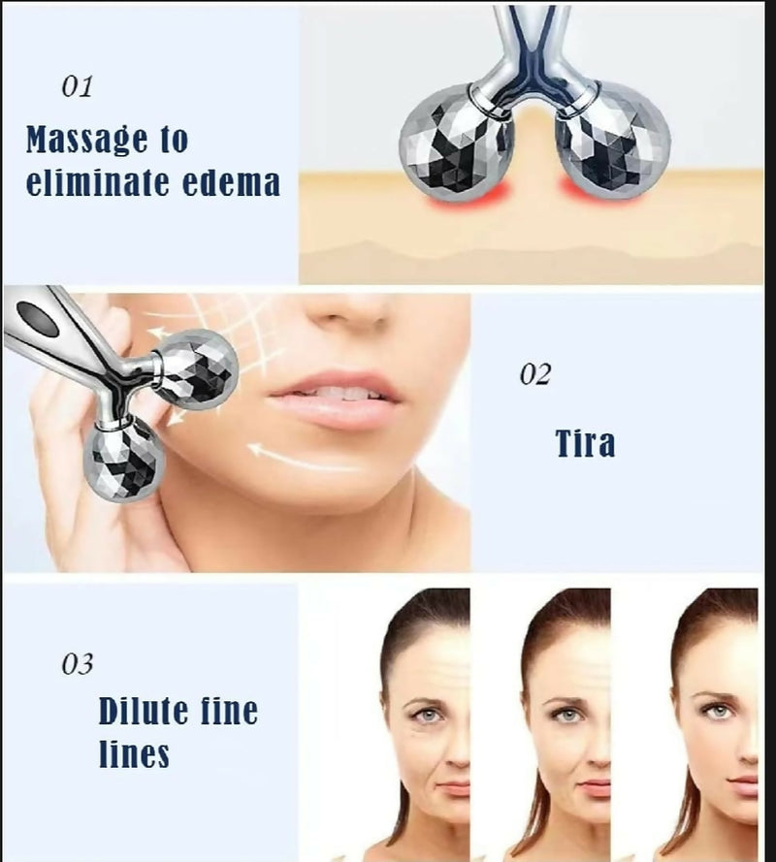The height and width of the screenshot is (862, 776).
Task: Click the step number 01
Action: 77,86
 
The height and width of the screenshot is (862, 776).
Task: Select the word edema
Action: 235,181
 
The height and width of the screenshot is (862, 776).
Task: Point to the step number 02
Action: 534,374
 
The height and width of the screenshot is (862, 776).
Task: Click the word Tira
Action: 585,443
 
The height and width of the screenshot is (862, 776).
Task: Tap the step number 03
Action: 77,664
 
